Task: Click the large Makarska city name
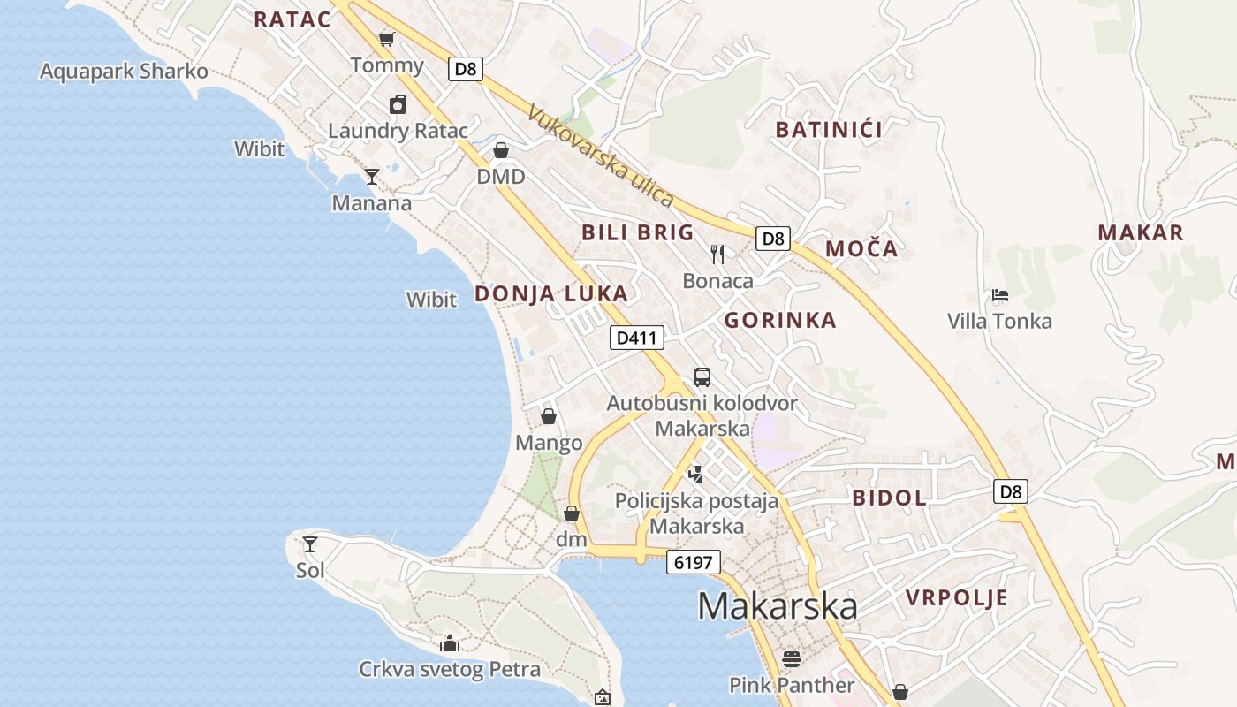tap(777, 606)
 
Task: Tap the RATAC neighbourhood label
tap(292, 19)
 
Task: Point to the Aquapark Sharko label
tap(124, 72)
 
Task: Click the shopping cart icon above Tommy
tap(386, 38)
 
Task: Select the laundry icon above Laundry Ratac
tap(398, 104)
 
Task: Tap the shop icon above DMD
tap(501, 150)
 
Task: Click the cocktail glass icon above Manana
tap(372, 177)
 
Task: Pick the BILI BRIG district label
tap(637, 232)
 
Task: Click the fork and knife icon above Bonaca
tap(717, 255)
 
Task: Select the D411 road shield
tap(636, 337)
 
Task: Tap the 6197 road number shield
tap(694, 562)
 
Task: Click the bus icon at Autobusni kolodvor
tap(702, 377)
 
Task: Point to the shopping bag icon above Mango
tap(549, 415)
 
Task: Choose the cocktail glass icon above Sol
tap(310, 544)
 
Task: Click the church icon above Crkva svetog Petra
tap(450, 642)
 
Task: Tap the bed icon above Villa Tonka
tap(999, 294)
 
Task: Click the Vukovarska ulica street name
tap(601, 156)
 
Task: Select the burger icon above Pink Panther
tap(792, 658)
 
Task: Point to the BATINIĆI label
tap(829, 130)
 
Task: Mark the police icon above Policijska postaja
tap(696, 474)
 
